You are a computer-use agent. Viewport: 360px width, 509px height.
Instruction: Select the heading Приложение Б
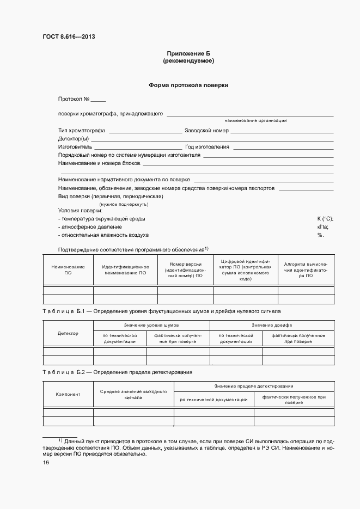point(188,53)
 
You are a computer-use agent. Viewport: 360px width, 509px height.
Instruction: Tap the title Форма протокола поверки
point(188,85)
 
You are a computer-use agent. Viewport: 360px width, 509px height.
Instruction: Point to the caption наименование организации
point(255,120)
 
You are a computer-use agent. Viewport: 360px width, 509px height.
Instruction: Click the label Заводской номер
point(206,131)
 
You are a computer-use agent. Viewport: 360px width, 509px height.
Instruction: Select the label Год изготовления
point(207,147)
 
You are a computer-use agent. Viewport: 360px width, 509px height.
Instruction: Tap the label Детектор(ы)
point(73,139)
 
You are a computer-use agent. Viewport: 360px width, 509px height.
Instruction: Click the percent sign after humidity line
point(320,235)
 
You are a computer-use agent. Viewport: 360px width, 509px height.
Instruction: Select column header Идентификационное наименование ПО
point(125,269)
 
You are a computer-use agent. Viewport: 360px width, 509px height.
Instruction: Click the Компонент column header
point(68,394)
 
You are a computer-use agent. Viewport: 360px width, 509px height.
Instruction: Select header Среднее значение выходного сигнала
point(133,394)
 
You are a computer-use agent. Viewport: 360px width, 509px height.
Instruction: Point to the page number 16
point(46,463)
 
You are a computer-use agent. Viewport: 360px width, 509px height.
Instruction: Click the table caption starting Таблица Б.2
point(117,372)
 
